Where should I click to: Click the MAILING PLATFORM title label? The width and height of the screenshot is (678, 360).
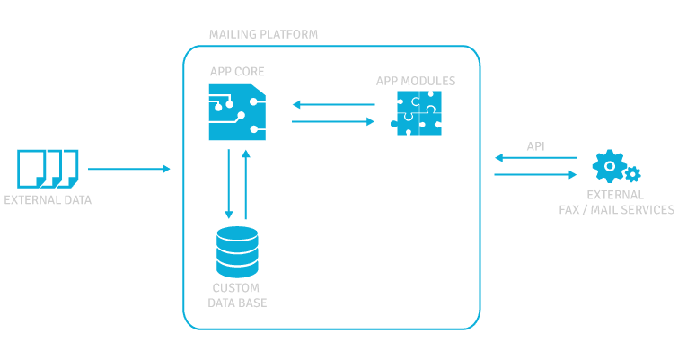click(263, 34)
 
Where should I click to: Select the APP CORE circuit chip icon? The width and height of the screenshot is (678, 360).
click(237, 112)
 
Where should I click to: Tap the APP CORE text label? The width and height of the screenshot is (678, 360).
click(237, 71)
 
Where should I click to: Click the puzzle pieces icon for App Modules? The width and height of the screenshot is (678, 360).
click(419, 114)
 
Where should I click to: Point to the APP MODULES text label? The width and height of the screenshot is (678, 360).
click(415, 81)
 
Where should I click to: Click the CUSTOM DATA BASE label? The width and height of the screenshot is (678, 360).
click(237, 295)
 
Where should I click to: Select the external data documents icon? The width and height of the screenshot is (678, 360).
click(48, 169)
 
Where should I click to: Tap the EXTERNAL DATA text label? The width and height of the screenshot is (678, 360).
click(48, 199)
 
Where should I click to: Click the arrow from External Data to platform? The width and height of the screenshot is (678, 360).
click(128, 169)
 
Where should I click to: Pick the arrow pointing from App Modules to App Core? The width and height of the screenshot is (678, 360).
click(333, 105)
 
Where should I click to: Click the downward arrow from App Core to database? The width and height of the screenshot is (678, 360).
click(229, 183)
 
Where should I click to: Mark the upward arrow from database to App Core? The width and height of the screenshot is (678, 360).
click(245, 183)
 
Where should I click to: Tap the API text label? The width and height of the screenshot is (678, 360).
click(535, 145)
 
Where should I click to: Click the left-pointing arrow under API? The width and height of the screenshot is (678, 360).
click(535, 159)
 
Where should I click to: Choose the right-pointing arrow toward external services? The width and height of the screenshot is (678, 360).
click(535, 174)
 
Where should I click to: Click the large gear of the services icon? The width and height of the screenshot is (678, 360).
click(610, 165)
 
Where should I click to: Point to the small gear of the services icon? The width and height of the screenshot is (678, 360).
click(632, 174)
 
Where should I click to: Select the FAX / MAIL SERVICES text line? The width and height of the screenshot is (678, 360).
click(615, 210)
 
